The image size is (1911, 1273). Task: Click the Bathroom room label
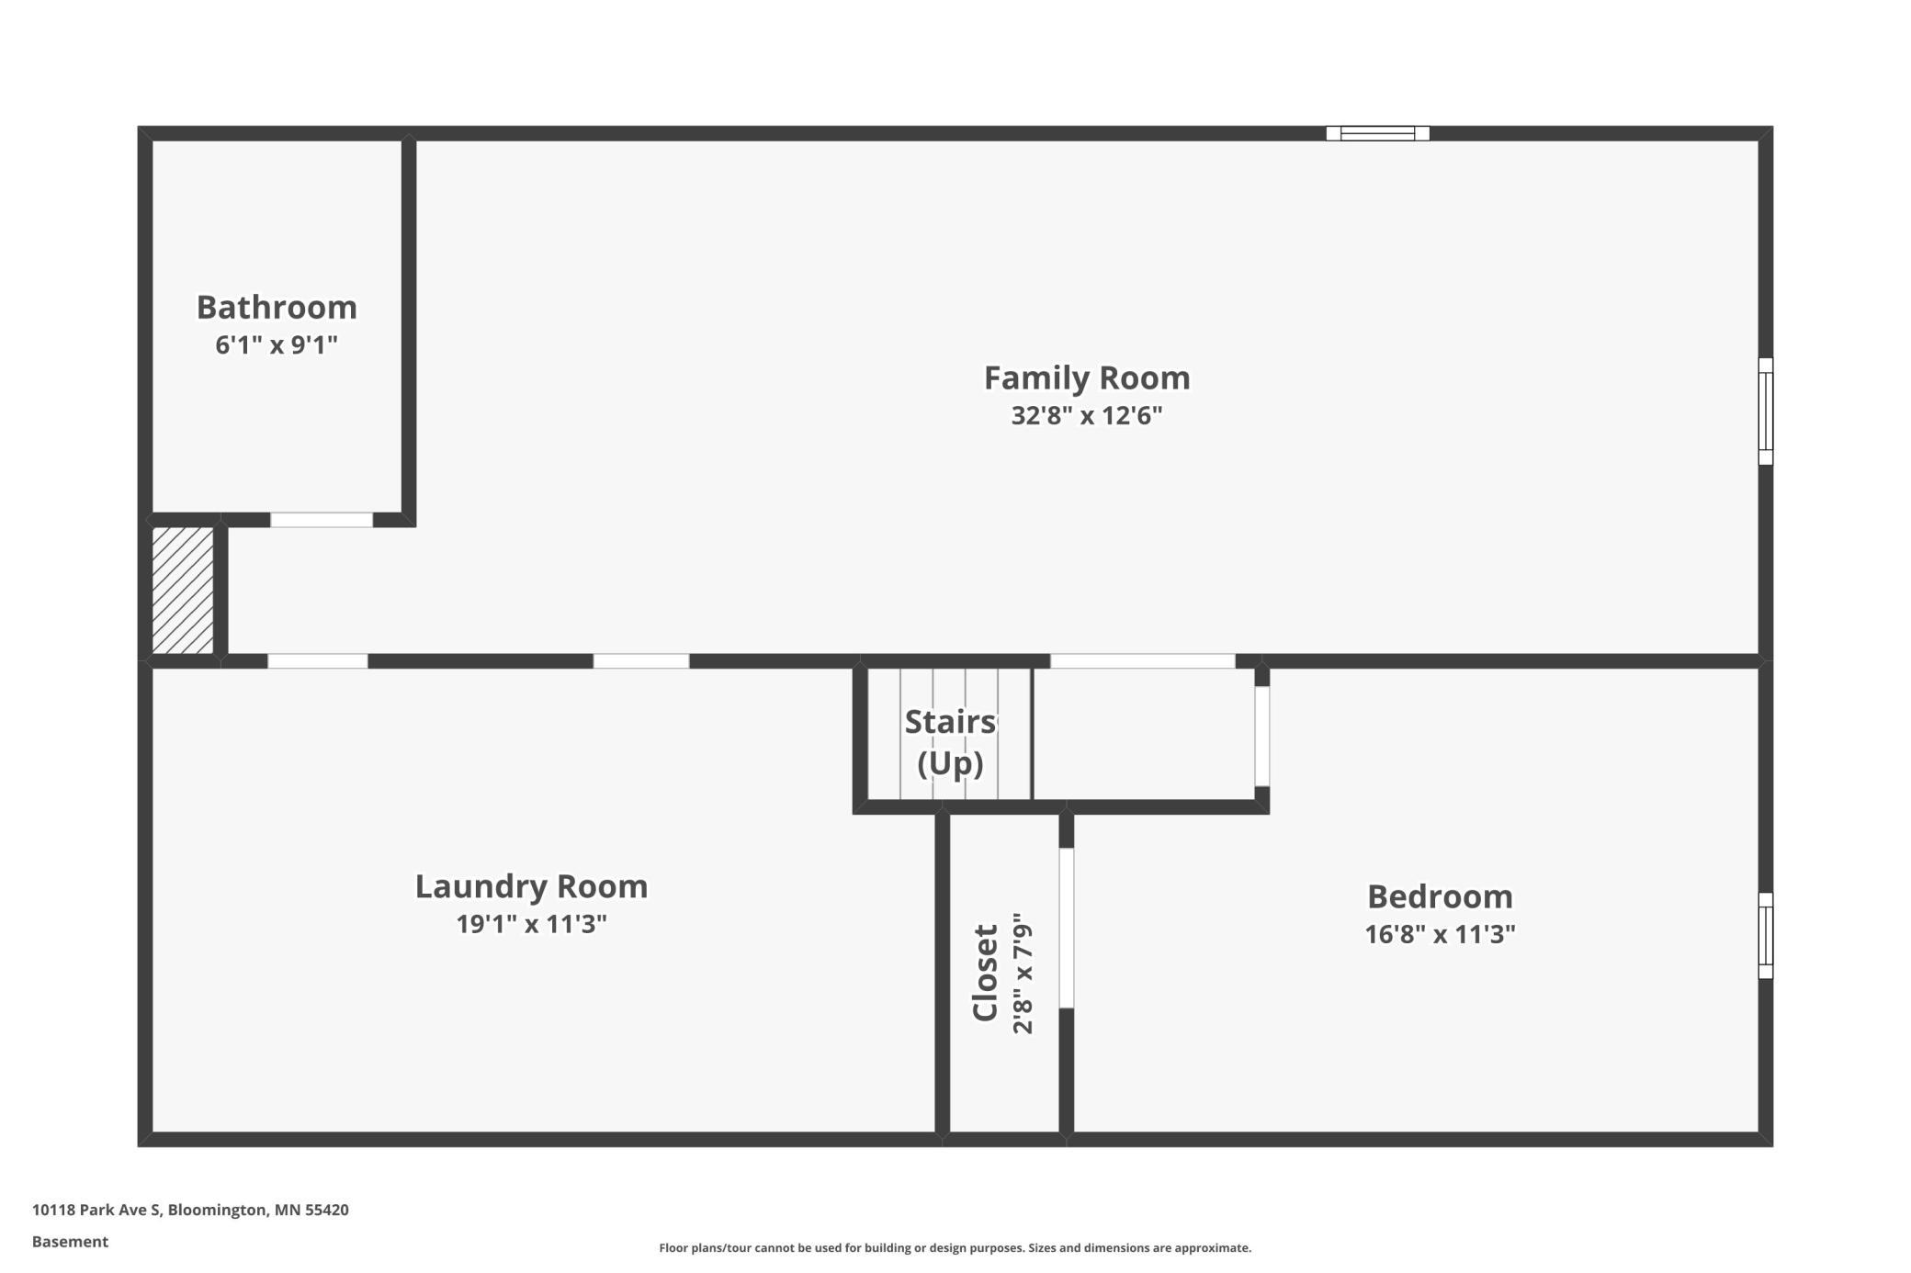click(x=277, y=307)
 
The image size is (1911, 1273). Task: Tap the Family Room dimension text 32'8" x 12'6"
click(x=1087, y=416)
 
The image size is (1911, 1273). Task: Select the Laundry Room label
click(x=531, y=886)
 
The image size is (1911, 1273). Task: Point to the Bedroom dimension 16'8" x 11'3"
click(x=1440, y=934)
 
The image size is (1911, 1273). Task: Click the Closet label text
click(x=985, y=973)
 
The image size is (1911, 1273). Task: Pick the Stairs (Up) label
click(x=950, y=742)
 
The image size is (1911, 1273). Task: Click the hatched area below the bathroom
click(x=183, y=591)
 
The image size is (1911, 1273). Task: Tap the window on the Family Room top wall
click(x=1377, y=133)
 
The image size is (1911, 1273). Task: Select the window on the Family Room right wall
click(x=1765, y=411)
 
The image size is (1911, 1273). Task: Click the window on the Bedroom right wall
click(x=1765, y=935)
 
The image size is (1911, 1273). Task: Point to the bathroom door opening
click(x=322, y=520)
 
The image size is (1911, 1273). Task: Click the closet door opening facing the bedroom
click(x=1067, y=928)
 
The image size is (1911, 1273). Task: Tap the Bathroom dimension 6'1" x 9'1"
click(x=277, y=345)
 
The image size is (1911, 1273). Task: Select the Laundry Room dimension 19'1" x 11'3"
click(x=531, y=924)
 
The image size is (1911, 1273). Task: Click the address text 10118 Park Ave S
click(x=96, y=1210)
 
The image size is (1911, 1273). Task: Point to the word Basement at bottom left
click(x=70, y=1242)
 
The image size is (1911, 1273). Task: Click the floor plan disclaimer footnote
click(x=955, y=1247)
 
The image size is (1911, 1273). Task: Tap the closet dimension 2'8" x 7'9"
click(x=1023, y=973)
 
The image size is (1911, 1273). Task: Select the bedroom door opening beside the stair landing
click(x=1262, y=737)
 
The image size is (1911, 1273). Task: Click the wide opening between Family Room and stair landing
click(x=1143, y=661)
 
